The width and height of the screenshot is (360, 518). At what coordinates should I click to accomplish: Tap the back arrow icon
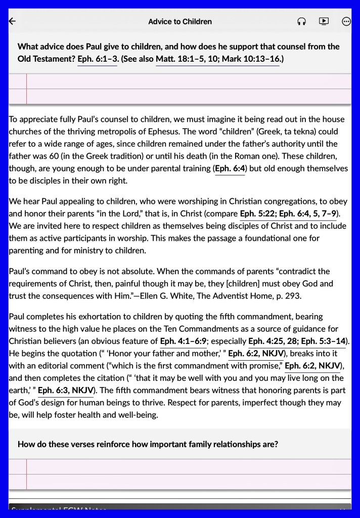coord(13,21)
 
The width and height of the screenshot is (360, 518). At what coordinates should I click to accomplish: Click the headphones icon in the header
coord(302,21)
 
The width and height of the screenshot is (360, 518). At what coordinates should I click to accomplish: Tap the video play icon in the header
coord(324,21)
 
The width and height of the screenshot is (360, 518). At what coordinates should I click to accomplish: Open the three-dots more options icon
coord(346,21)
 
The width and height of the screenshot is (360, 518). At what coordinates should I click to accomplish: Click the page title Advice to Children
coord(180,22)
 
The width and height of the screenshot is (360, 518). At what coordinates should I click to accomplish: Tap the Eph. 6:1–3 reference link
coord(98,59)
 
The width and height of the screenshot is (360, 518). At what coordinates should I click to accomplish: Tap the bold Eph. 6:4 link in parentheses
coord(230,168)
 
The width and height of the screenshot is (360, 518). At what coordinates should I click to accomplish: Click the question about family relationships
coord(148,444)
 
